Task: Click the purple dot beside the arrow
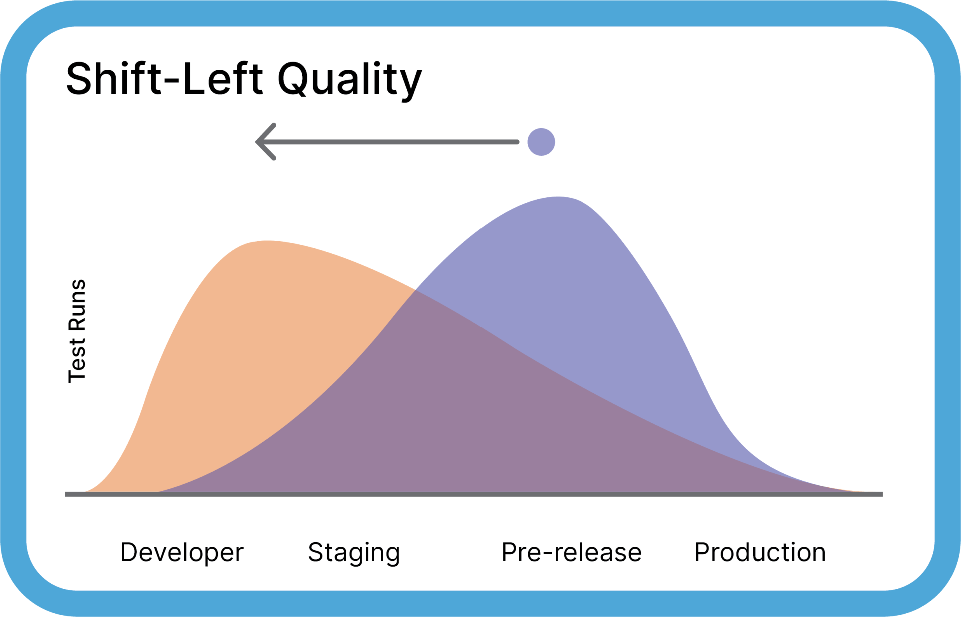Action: pos(541,142)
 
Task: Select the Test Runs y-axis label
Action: pos(77,331)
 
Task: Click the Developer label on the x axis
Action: pos(182,553)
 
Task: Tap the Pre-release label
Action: pos(571,553)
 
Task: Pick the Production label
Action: pos(760,553)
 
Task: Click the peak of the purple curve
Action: pos(559,197)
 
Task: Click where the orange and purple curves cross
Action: pos(415,290)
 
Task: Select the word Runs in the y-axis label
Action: pos(77,305)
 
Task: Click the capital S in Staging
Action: pos(316,552)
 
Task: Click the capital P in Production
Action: pos(702,552)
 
